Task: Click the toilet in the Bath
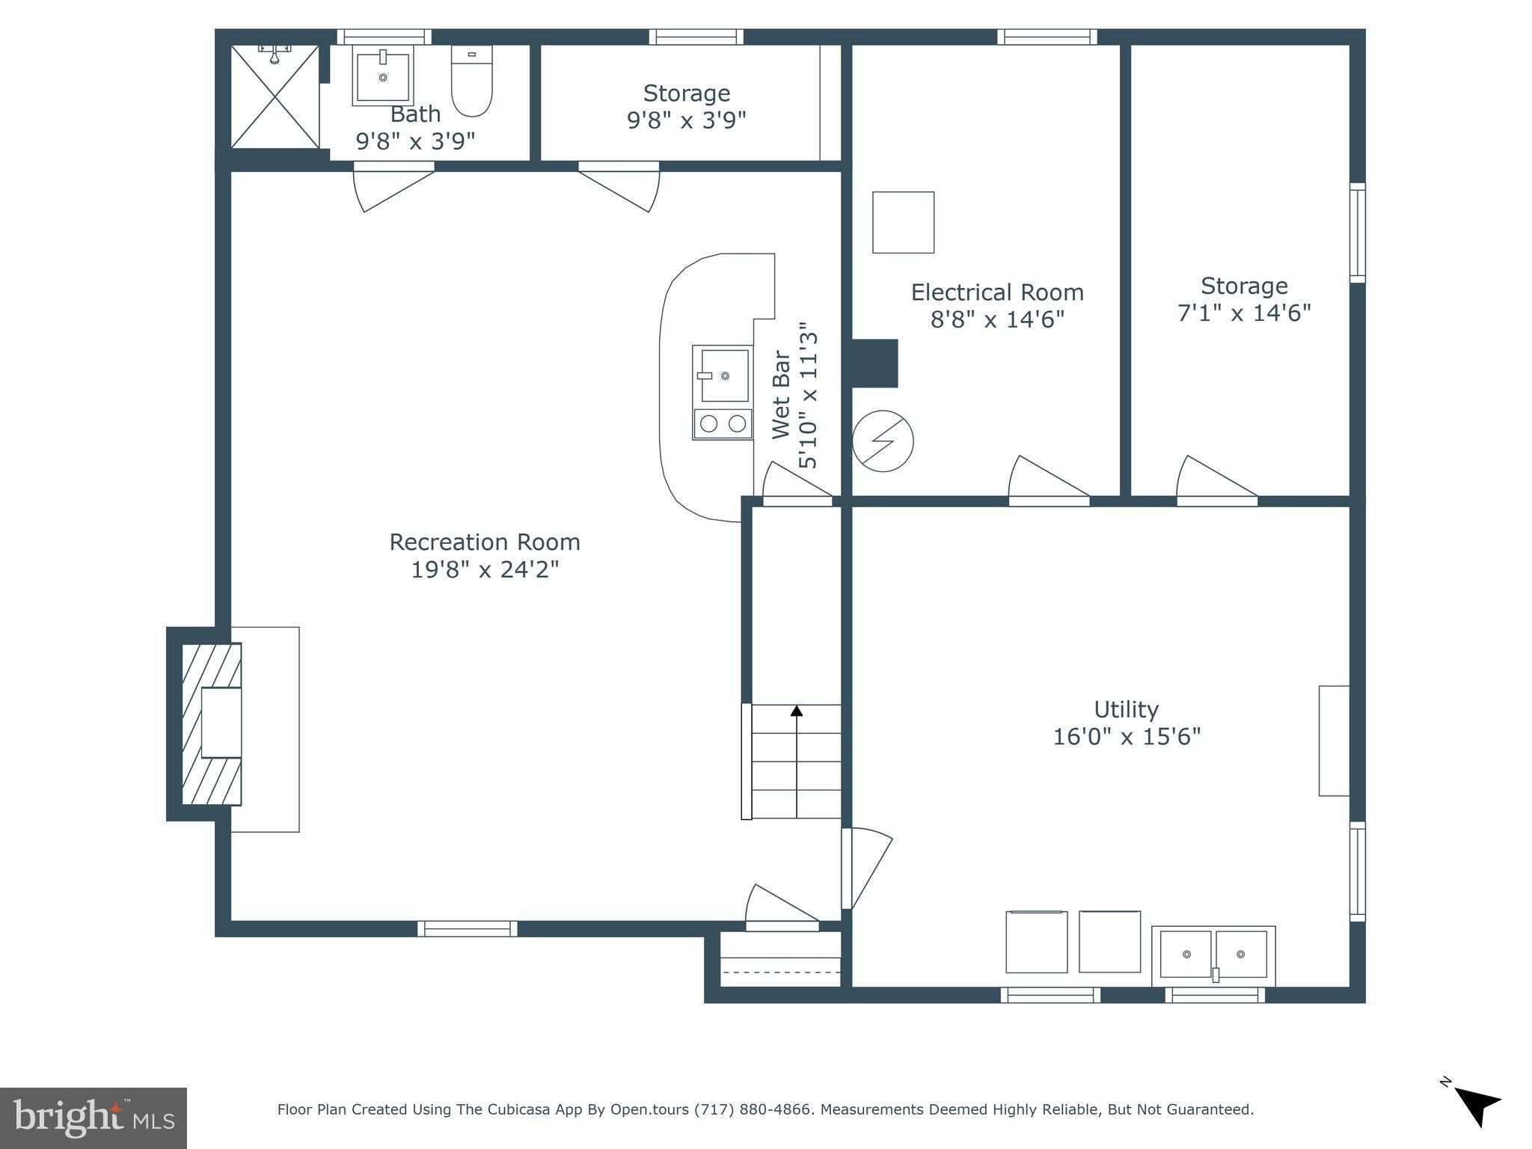point(471,82)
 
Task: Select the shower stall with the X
point(275,96)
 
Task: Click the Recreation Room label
point(485,542)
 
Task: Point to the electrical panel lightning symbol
point(883,441)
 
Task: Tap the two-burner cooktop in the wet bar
point(723,424)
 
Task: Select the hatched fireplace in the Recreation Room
point(212,723)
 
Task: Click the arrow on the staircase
point(797,711)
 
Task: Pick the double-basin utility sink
point(1213,955)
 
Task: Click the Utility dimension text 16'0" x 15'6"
point(1127,737)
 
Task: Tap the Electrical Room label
point(997,292)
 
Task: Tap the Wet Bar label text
point(780,394)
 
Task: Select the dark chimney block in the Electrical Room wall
point(874,364)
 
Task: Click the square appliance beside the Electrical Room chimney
point(903,222)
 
